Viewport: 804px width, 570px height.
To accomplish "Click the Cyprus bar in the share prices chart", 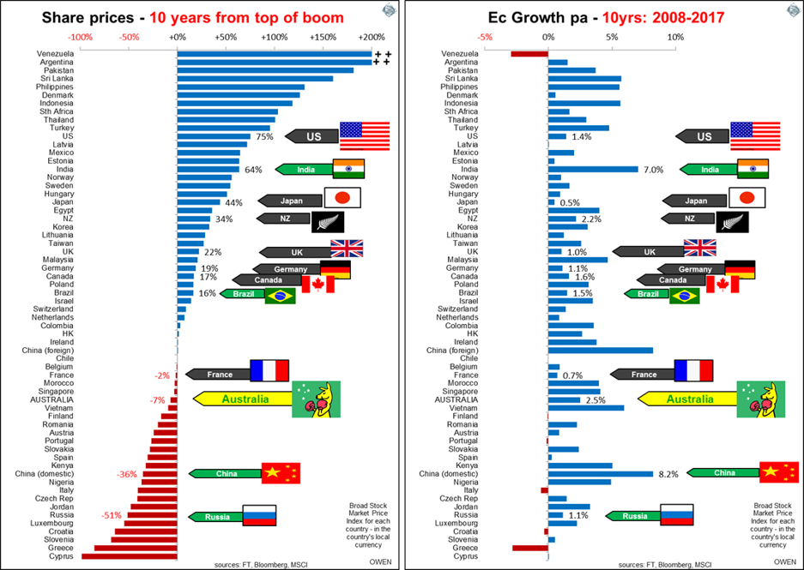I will tap(130, 556).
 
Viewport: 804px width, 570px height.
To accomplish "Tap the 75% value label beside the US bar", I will tap(264, 136).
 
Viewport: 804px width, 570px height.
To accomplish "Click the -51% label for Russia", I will tap(112, 515).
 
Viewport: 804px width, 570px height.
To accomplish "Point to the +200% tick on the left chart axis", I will tap(371, 38).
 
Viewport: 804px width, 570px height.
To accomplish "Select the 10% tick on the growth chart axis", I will tap(674, 38).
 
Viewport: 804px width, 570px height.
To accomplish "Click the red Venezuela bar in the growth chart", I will tap(529, 54).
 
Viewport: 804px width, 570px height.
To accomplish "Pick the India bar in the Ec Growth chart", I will tap(593, 170).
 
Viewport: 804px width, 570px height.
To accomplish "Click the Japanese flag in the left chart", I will tap(342, 198).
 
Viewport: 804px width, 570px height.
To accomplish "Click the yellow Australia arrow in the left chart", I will tap(241, 399).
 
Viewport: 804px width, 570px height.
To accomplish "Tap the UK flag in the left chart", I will tap(347, 249).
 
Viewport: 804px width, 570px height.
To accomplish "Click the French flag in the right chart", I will tap(693, 370).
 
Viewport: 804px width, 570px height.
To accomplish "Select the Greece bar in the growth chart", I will tap(530, 548).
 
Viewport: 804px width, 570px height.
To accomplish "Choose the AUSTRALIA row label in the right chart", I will tap(457, 400).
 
